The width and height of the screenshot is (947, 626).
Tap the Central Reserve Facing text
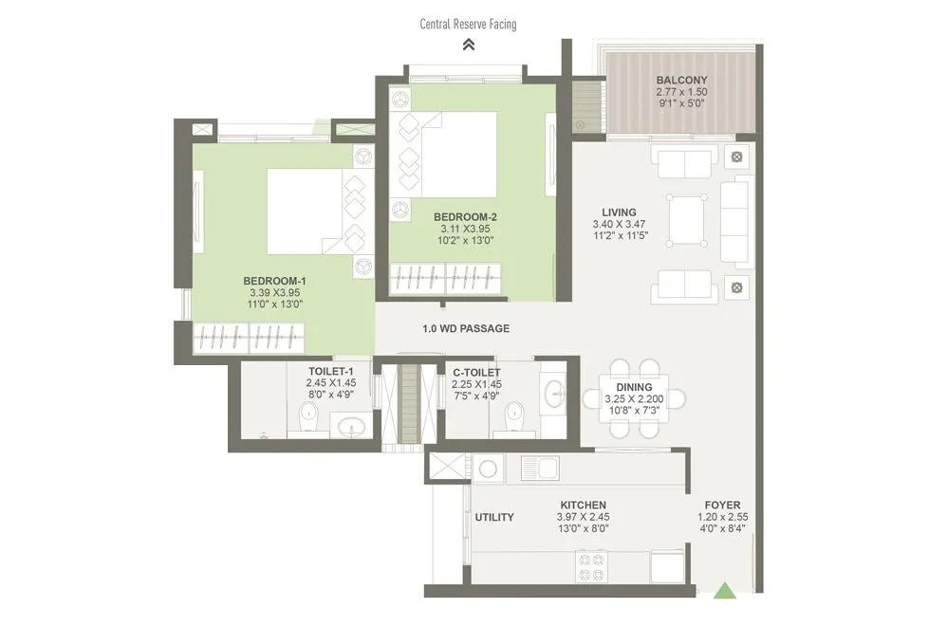click(x=468, y=24)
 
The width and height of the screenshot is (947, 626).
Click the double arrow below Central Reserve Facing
click(x=468, y=44)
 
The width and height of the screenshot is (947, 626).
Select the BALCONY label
click(x=681, y=80)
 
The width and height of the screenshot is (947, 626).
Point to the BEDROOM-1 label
click(x=274, y=281)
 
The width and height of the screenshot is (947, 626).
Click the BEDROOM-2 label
click(x=465, y=216)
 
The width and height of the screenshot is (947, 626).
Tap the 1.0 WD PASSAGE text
click(x=466, y=329)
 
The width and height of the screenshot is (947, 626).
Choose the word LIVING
click(x=619, y=212)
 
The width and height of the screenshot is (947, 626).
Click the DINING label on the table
click(x=634, y=387)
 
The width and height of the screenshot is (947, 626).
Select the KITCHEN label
click(x=583, y=505)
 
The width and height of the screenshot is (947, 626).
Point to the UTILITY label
click(x=494, y=517)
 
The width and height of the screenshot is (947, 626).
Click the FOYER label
click(x=722, y=505)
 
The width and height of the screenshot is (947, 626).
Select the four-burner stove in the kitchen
click(x=592, y=566)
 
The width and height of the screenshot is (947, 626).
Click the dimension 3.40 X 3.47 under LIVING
click(x=619, y=226)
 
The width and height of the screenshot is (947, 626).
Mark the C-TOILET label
click(x=476, y=372)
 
